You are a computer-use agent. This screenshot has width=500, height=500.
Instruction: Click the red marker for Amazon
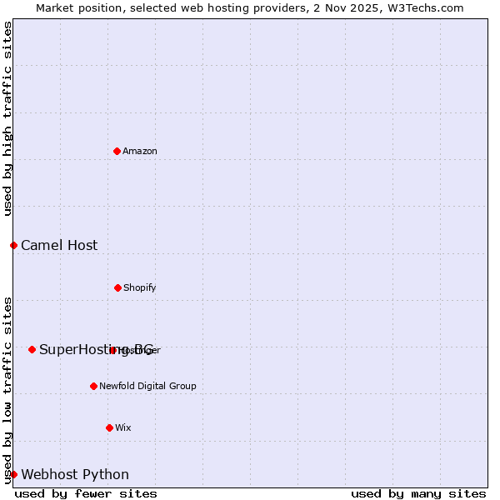pyautogui.click(x=117, y=151)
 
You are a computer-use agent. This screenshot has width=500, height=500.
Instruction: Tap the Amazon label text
pyautogui.click(x=140, y=151)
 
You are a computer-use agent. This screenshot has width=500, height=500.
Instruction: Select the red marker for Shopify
pyautogui.click(x=117, y=287)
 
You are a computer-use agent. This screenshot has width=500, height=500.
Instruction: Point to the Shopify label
pyautogui.click(x=140, y=287)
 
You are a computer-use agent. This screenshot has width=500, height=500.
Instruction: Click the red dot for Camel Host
pyautogui.click(x=13, y=245)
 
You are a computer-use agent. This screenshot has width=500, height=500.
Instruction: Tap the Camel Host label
pyautogui.click(x=59, y=245)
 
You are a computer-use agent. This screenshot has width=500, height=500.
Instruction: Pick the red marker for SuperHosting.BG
pyautogui.click(x=32, y=349)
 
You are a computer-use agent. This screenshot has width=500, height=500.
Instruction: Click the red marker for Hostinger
pyautogui.click(x=112, y=350)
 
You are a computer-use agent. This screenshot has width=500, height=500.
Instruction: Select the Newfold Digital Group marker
pyautogui.click(x=93, y=386)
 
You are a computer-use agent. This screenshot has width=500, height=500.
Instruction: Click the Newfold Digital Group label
pyautogui.click(x=147, y=386)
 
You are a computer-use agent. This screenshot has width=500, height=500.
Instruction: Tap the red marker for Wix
pyautogui.click(x=109, y=427)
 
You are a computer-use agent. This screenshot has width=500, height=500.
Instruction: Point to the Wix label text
pyautogui.click(x=123, y=427)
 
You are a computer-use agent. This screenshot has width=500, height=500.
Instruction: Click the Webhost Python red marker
pyautogui.click(x=13, y=474)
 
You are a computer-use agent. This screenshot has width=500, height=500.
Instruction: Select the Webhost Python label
pyautogui.click(x=75, y=474)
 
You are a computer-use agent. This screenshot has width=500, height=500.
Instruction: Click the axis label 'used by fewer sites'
pyautogui.click(x=86, y=493)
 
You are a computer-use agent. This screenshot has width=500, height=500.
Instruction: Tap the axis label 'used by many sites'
pyautogui.click(x=418, y=493)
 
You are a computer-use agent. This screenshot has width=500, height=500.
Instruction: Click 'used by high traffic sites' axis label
pyautogui.click(x=7, y=118)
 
